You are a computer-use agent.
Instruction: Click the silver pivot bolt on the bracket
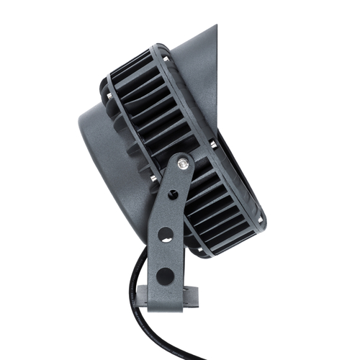pyautogui.click(x=184, y=165)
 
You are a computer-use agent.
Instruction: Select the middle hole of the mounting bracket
pyautogui.click(x=166, y=234)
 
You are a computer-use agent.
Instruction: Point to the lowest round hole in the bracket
pyautogui.click(x=165, y=275)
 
